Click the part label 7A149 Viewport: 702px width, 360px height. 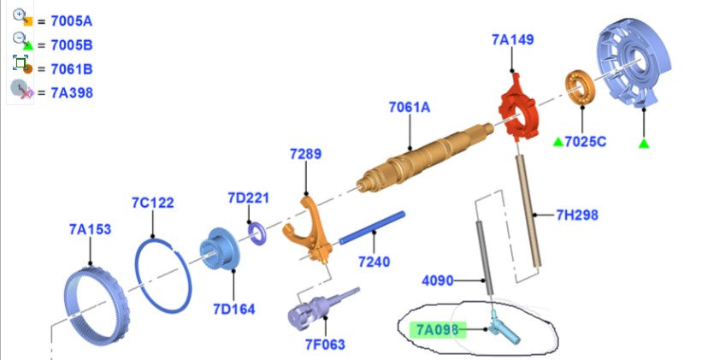pos(513,40)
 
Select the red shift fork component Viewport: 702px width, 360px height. pos(518,108)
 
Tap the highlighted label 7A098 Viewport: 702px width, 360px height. pos(438,330)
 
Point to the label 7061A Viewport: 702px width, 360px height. pos(410,108)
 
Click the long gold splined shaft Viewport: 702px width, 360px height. pos(425,157)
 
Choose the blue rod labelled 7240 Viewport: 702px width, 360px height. pos(372,228)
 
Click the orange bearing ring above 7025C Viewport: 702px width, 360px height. pos(580,88)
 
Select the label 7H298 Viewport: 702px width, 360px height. pos(577,215)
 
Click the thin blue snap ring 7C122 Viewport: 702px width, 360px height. pos(163,275)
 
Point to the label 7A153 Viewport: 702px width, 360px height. pos(90,229)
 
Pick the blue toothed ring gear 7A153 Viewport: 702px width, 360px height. pos(97,304)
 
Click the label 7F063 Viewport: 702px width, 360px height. pos(325,345)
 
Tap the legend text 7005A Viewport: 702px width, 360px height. pos(72,21)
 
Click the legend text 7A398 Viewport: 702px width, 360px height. pos(72,92)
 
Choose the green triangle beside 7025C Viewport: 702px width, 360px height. pos(557,142)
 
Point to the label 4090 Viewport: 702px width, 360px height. pos(438,280)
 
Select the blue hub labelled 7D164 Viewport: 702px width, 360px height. pos(220,249)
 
